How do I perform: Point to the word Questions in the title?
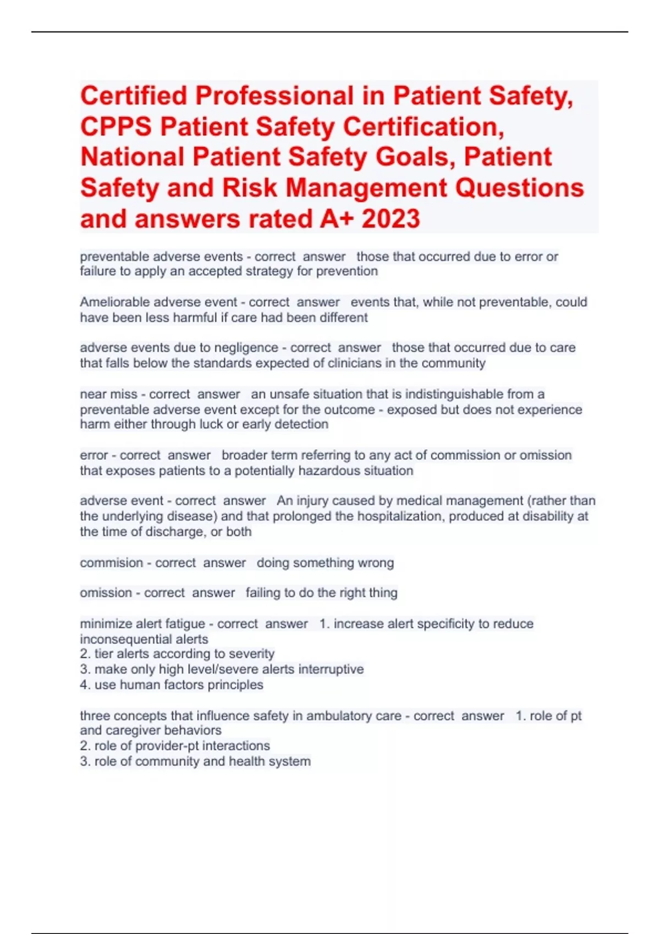(519, 188)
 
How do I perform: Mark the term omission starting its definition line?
(106, 593)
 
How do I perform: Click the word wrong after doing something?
(376, 563)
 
